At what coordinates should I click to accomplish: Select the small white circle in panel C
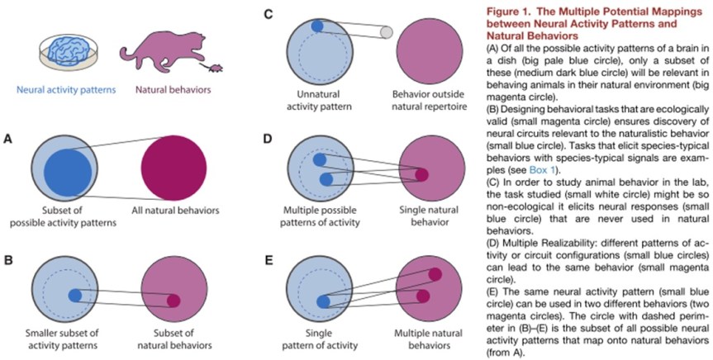pyautogui.click(x=385, y=33)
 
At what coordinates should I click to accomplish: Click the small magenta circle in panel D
pyautogui.click(x=422, y=174)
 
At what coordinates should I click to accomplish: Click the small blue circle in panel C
pyautogui.click(x=317, y=26)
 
